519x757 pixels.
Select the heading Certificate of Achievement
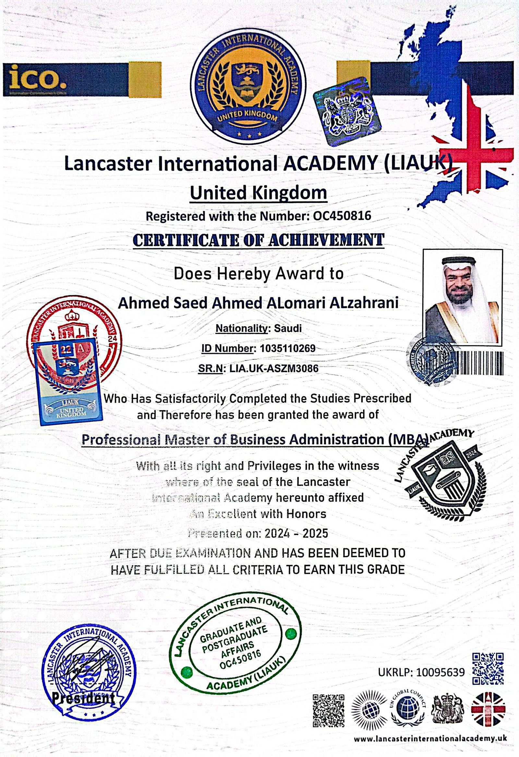(259, 240)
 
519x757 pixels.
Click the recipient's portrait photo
(462, 297)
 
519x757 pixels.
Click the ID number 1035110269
(287, 348)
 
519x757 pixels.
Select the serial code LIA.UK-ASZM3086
(274, 368)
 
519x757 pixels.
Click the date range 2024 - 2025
(296, 533)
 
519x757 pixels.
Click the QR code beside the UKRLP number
(488, 669)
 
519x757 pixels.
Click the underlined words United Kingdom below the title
(258, 193)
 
